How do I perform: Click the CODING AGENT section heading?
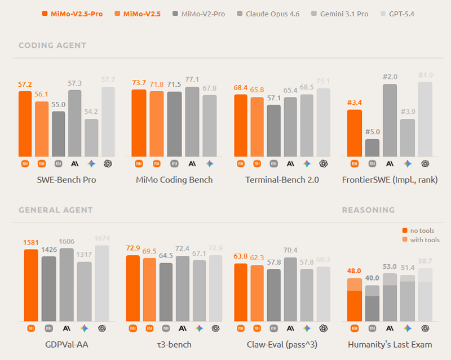tap(52, 46)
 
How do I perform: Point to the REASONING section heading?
tap(368, 210)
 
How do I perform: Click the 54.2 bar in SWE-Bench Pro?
tap(92, 137)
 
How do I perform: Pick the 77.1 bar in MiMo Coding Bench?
tap(192, 122)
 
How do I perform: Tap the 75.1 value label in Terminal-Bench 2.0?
tap(324, 81)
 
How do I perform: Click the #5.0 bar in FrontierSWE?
tap(372, 148)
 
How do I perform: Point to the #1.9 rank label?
tap(425, 75)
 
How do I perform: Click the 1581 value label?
tap(32, 242)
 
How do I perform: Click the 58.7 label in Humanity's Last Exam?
tap(425, 261)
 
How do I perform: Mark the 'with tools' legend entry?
tap(421, 240)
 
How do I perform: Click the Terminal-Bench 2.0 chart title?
tap(282, 180)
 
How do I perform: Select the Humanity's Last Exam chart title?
tap(390, 344)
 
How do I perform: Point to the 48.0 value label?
tap(354, 271)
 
